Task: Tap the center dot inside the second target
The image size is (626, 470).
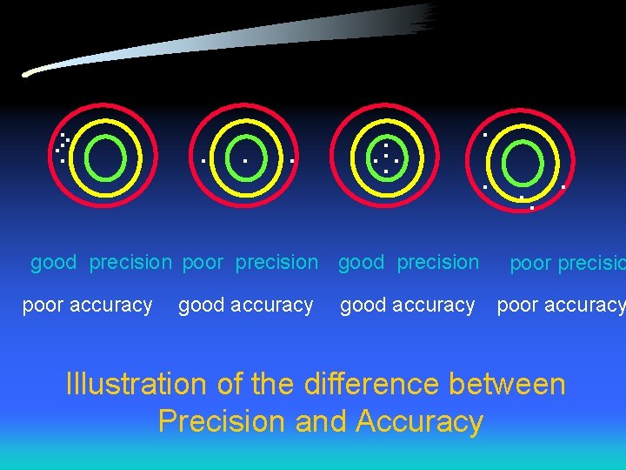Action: pos(245,161)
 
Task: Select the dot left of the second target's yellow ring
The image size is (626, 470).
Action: pos(203,161)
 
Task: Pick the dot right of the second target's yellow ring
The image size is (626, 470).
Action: pos(292,161)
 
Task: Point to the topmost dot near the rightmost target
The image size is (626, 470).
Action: pos(485,135)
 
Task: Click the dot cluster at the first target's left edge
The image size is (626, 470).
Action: pos(63,148)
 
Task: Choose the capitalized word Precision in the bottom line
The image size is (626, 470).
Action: pos(223,421)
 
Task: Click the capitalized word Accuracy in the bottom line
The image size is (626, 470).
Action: pos(419,421)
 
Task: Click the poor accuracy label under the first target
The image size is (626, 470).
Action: pos(87,305)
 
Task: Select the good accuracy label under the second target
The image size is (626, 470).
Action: pos(245,305)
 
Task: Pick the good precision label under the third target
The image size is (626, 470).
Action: pos(409,262)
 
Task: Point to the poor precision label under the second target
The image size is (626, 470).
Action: pos(250,262)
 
